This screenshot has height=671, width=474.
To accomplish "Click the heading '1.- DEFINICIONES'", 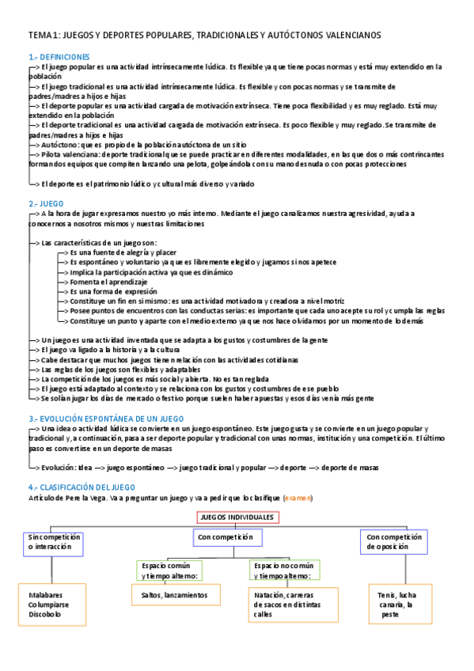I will click(59, 57).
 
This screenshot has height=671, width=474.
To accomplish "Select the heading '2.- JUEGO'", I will click(46, 203).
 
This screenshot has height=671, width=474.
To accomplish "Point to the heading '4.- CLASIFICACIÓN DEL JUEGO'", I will click(82, 487).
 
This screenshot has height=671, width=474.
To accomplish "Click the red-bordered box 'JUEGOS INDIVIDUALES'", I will click(237, 517).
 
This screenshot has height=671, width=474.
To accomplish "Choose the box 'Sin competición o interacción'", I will click(53, 542).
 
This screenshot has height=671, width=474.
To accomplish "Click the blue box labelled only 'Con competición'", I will click(226, 537).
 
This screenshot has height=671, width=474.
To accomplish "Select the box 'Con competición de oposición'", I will click(393, 542).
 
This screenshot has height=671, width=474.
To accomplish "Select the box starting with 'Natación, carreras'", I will click(285, 604).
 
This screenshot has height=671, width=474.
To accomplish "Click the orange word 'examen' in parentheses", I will click(299, 498).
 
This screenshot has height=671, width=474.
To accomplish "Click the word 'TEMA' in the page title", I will click(39, 36).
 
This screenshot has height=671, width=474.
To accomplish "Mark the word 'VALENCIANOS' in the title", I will click(346, 36).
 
